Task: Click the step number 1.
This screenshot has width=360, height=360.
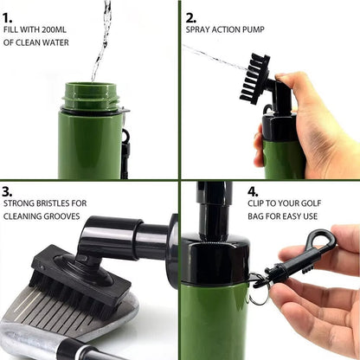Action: click(8, 15)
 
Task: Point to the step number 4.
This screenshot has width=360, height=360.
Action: click(253, 192)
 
